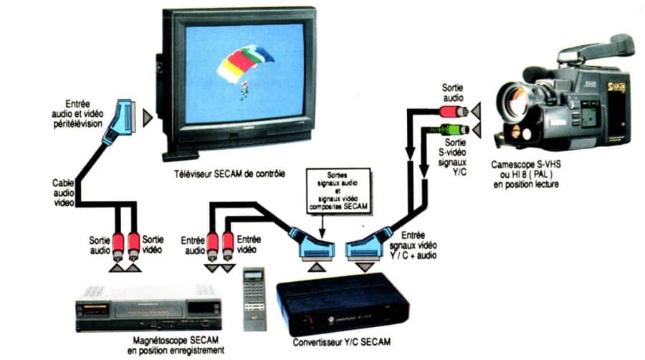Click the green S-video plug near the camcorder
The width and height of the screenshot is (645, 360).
tap(454, 130)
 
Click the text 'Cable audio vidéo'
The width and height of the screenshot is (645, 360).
tap(63, 193)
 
